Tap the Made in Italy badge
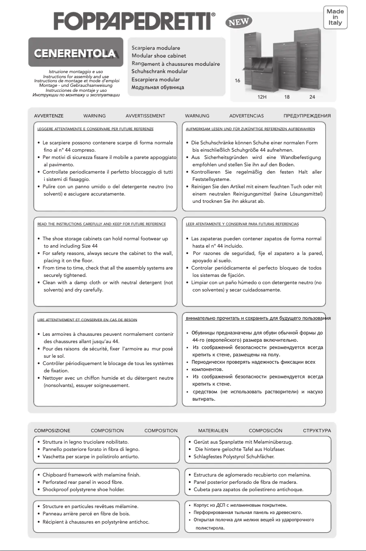coord(335,17)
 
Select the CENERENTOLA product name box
coord(76,53)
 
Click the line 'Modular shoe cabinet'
coord(159,56)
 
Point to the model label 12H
coord(262,97)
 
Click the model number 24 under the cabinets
coord(312,97)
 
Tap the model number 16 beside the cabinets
coord(237,81)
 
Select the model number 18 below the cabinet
coord(287,97)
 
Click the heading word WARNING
coord(94,116)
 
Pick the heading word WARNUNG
coord(197,116)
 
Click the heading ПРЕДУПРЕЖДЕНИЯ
coord(307,116)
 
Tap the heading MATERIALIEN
coord(213,430)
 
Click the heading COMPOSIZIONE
coord(52,430)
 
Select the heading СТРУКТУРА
coord(317,430)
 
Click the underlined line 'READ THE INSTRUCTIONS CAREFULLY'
coord(101,224)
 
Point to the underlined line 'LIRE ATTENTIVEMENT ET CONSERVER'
coord(87,320)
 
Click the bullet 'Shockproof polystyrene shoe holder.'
coord(83,489)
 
